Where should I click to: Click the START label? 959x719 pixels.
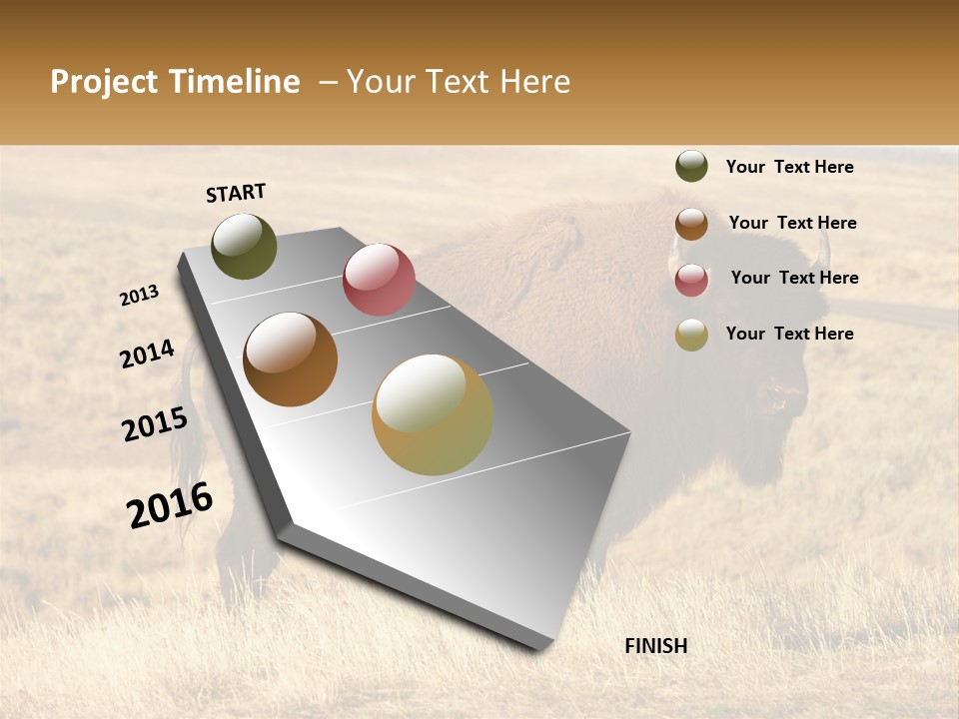click(236, 193)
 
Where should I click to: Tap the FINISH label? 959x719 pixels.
click(655, 646)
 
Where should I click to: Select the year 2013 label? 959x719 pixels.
click(139, 296)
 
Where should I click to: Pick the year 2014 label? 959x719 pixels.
click(147, 355)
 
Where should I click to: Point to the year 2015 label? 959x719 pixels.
click(155, 424)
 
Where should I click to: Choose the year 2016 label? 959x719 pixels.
click(170, 505)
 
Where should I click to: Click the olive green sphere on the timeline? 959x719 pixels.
click(245, 247)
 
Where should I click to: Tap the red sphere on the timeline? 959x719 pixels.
click(379, 280)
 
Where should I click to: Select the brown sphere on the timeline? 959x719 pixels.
click(291, 359)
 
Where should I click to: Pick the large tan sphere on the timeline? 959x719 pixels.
click(433, 414)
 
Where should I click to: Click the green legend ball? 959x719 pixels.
click(691, 166)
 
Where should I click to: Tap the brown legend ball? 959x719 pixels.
click(691, 224)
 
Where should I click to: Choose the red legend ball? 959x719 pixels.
click(691, 280)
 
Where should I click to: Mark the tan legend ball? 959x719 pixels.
click(691, 335)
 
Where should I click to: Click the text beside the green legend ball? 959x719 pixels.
click(789, 167)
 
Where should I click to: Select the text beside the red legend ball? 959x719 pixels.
click(794, 278)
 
